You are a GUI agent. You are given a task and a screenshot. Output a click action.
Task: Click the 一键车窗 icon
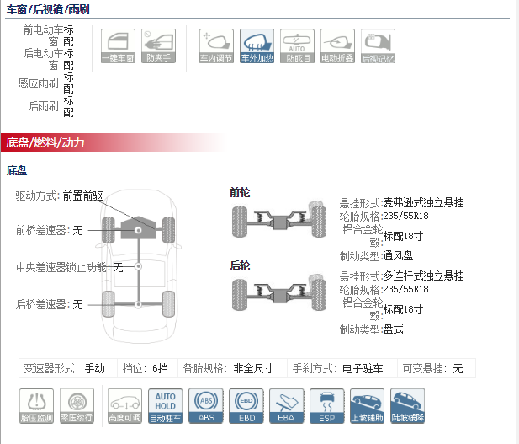pyautogui.click(x=118, y=47)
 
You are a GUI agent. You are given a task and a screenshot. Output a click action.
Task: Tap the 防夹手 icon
pyautogui.click(x=158, y=47)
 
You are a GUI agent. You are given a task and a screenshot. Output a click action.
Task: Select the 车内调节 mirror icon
pyautogui.click(x=217, y=47)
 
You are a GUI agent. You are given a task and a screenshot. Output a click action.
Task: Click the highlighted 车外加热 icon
pyautogui.click(x=257, y=47)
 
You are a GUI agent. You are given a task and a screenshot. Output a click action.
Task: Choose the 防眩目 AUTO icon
pyautogui.click(x=297, y=47)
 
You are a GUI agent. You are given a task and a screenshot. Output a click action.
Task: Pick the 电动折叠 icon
pyautogui.click(x=337, y=47)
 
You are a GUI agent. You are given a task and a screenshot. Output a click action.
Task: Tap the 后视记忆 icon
pyautogui.click(x=378, y=47)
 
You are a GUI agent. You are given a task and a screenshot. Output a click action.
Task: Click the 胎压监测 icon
pyautogui.click(x=36, y=405)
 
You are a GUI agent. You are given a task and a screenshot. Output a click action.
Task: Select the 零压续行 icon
pyautogui.click(x=77, y=405)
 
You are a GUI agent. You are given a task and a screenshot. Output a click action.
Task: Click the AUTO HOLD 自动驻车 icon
pyautogui.click(x=165, y=405)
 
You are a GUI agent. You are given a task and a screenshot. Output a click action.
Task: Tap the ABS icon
pyautogui.click(x=205, y=405)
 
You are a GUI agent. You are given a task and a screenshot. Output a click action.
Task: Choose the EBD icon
pyautogui.click(x=246, y=405)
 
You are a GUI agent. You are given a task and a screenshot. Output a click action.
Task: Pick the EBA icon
pyautogui.click(x=286, y=405)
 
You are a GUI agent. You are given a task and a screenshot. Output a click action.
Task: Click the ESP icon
pyautogui.click(x=326, y=405)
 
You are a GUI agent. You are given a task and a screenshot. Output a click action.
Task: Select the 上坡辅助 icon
pyautogui.click(x=367, y=405)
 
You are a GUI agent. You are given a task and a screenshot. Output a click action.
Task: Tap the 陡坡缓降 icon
pyautogui.click(x=407, y=405)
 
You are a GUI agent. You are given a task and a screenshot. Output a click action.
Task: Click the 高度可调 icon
pyautogui.click(x=124, y=405)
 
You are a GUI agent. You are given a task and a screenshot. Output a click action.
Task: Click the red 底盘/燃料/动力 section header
pyautogui.click(x=46, y=142)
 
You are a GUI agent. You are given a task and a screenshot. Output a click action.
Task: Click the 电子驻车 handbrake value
pyautogui.click(x=363, y=368)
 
